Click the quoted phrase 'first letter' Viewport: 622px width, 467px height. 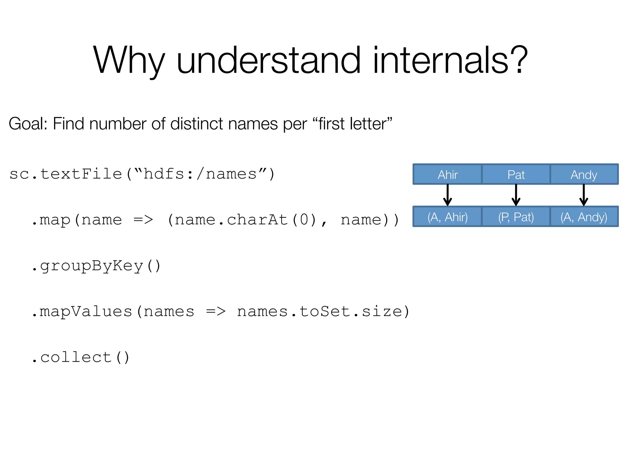point(352,124)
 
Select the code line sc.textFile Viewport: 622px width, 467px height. point(142,174)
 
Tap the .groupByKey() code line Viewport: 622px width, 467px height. point(96,266)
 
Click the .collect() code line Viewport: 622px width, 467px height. point(81,358)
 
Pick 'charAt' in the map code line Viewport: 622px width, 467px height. point(258,220)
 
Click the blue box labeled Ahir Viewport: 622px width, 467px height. point(447,175)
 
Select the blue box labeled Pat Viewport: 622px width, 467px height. point(516,175)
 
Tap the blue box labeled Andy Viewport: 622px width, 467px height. point(584,175)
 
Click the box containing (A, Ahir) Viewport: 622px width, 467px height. point(447,217)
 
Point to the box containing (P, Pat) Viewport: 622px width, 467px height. point(516,217)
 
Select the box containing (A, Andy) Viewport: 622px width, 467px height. point(584,217)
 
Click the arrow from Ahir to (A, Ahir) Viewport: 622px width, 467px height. point(447,195)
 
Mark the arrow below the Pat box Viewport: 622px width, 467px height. point(516,195)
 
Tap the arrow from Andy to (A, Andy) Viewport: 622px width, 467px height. point(584,195)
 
